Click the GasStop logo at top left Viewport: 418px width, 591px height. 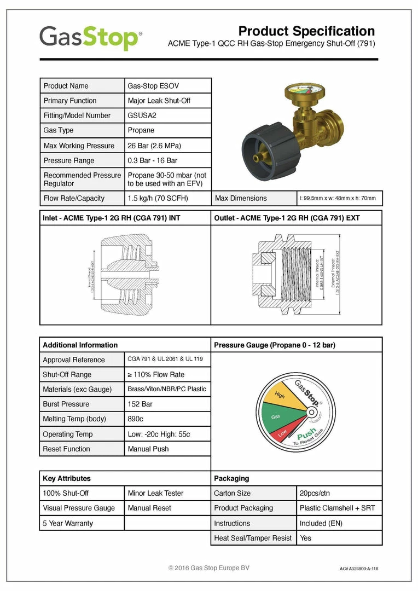click(90, 38)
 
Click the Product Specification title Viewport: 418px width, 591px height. click(306, 31)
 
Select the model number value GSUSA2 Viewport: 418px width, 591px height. click(142, 115)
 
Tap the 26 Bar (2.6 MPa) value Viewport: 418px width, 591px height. click(154, 146)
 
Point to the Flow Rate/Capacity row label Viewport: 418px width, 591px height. click(74, 198)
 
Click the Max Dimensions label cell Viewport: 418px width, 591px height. click(241, 198)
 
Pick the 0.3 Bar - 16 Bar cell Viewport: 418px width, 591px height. click(152, 160)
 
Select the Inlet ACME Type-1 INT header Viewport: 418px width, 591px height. click(112, 218)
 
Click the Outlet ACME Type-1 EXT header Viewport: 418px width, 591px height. click(287, 218)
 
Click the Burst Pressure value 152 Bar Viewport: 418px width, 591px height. click(140, 404)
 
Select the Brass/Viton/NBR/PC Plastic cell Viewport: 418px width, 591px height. click(167, 389)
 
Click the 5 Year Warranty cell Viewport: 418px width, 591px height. click(68, 523)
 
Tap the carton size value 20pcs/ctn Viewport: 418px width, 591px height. click(315, 493)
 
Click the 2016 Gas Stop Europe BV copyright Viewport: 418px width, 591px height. click(208, 568)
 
